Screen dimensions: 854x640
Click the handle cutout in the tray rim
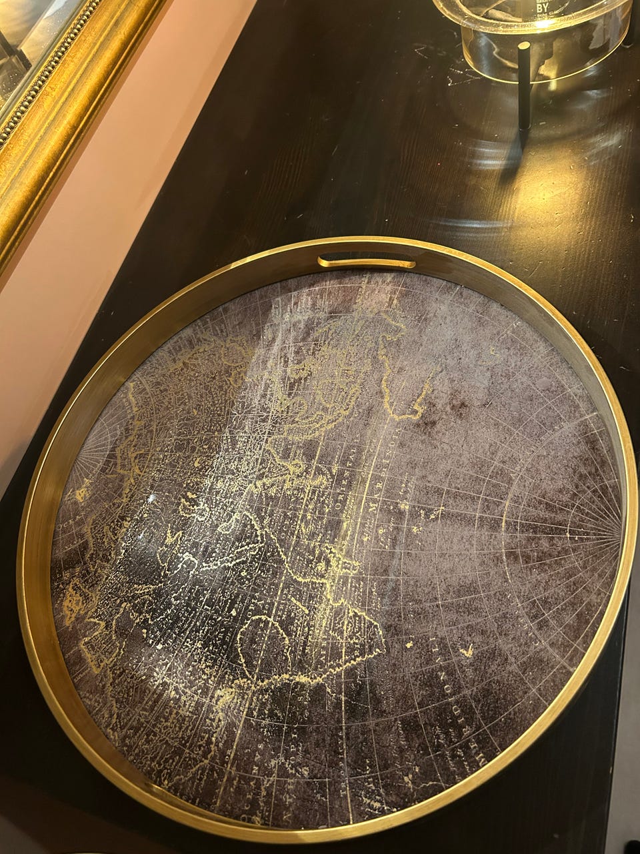pyautogui.click(x=367, y=261)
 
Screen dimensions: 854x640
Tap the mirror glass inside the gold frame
pyautogui.click(x=27, y=33)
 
